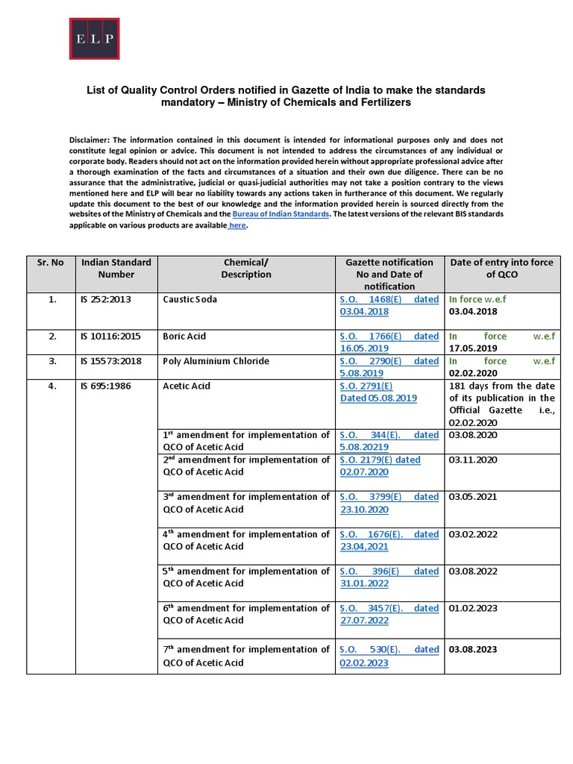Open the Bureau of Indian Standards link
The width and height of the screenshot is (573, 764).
pos(281,214)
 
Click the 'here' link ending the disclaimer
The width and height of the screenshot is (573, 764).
pos(237,225)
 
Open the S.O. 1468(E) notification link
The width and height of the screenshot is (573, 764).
pos(389,305)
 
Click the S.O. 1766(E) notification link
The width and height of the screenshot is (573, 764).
pos(389,342)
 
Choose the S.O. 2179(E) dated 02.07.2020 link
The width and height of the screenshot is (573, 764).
pos(380,466)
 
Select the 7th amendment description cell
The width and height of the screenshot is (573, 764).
pos(245,656)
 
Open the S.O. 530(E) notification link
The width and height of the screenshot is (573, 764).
pos(389,656)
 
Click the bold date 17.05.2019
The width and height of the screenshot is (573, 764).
pos(474,348)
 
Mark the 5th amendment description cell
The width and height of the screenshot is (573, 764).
pos(245,577)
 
